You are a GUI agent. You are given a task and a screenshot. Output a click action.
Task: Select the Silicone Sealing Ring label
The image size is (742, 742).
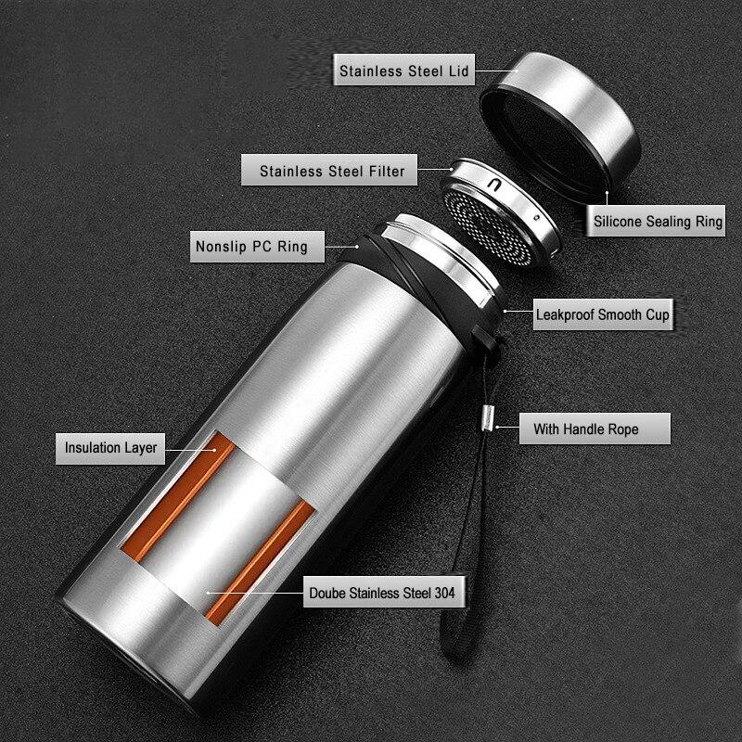coord(658,222)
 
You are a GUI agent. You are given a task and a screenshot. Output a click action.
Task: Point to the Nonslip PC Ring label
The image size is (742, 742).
coord(250,248)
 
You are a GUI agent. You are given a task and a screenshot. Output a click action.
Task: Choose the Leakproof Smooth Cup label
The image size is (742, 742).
coord(602,314)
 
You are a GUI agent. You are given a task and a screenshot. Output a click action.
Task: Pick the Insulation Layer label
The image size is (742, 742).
coord(111,448)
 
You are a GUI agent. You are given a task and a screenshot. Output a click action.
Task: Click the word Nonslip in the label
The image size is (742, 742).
coord(220,248)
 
